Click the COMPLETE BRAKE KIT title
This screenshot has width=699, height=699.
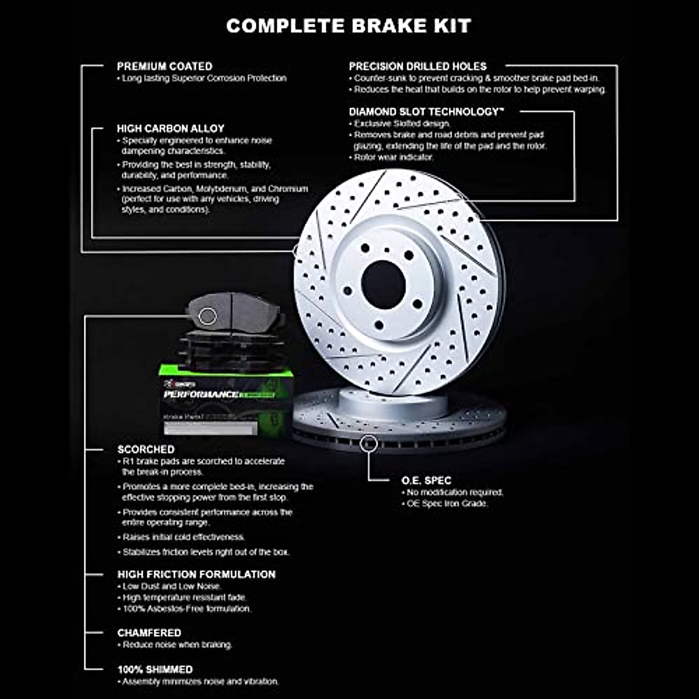click(348, 26)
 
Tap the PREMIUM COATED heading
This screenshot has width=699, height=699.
click(164, 66)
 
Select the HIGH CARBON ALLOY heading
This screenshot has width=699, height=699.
click(170, 128)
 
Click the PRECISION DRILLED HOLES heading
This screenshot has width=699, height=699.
click(417, 66)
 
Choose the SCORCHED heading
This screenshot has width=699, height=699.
click(146, 449)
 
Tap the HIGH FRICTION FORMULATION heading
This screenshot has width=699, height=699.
click(196, 574)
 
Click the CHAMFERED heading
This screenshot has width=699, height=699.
click(149, 633)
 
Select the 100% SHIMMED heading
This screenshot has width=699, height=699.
click(154, 669)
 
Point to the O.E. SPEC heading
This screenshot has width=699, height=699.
click(426, 481)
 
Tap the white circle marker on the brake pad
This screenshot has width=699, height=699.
click(208, 316)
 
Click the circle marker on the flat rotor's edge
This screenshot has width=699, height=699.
click(369, 444)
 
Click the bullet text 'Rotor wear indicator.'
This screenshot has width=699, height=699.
click(394, 157)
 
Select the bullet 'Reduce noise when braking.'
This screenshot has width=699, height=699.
click(177, 645)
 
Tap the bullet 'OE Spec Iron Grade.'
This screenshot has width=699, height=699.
click(447, 503)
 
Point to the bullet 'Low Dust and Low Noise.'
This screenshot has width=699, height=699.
click(171, 586)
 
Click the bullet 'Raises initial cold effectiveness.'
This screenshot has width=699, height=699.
click(183, 537)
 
